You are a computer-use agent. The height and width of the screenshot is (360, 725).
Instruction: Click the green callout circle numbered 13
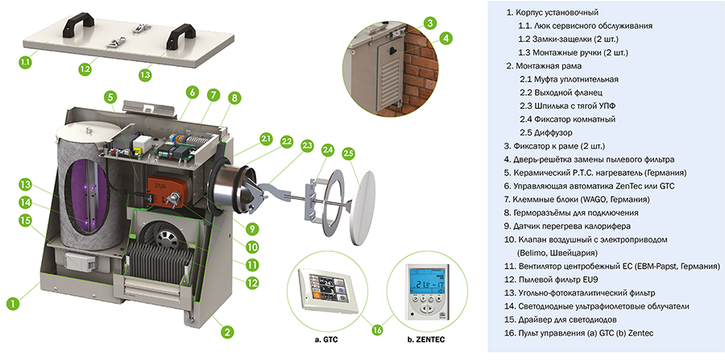(27, 185)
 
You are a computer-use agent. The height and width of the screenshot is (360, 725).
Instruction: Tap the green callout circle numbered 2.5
(349, 153)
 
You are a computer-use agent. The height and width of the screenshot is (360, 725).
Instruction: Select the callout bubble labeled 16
(377, 329)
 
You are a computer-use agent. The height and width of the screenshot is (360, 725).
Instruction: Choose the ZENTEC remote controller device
(427, 292)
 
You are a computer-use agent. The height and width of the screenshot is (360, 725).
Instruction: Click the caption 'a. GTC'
(326, 340)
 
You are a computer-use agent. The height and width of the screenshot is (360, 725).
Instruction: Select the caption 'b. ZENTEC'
(426, 340)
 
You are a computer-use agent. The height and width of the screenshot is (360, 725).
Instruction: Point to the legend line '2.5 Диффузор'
(546, 133)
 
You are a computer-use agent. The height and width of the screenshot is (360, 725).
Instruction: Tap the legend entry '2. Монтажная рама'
(544, 66)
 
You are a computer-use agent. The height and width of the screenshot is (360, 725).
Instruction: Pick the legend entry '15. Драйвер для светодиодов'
(561, 320)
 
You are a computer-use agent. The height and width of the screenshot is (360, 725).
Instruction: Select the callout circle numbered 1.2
(85, 69)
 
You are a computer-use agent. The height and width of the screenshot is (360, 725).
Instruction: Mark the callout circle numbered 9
(252, 228)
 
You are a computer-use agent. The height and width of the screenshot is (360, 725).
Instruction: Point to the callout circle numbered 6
(193, 92)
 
